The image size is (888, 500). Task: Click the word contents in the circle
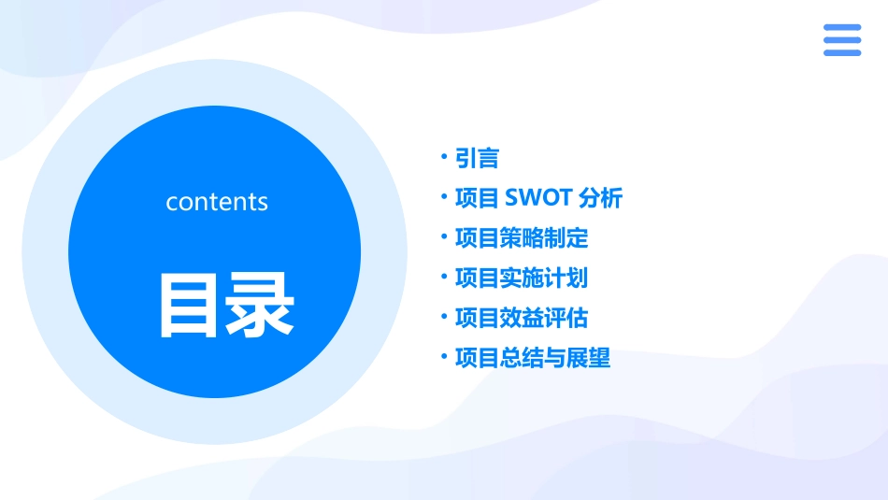click(217, 202)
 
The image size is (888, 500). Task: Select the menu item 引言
click(477, 158)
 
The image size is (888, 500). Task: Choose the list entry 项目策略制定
click(522, 238)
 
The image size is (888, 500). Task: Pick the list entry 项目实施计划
click(522, 279)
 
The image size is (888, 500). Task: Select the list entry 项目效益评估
click(522, 319)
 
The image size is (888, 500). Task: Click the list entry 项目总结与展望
click(533, 359)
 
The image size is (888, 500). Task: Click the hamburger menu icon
click(842, 40)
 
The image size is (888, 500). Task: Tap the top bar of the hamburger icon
click(842, 28)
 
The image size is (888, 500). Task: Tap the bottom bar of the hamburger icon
click(842, 52)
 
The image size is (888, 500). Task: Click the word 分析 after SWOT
click(600, 198)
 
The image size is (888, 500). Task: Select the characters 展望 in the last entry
click(588, 359)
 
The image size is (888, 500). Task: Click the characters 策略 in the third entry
click(522, 238)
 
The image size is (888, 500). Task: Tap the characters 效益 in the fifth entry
click(522, 319)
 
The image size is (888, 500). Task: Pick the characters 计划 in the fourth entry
click(566, 279)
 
